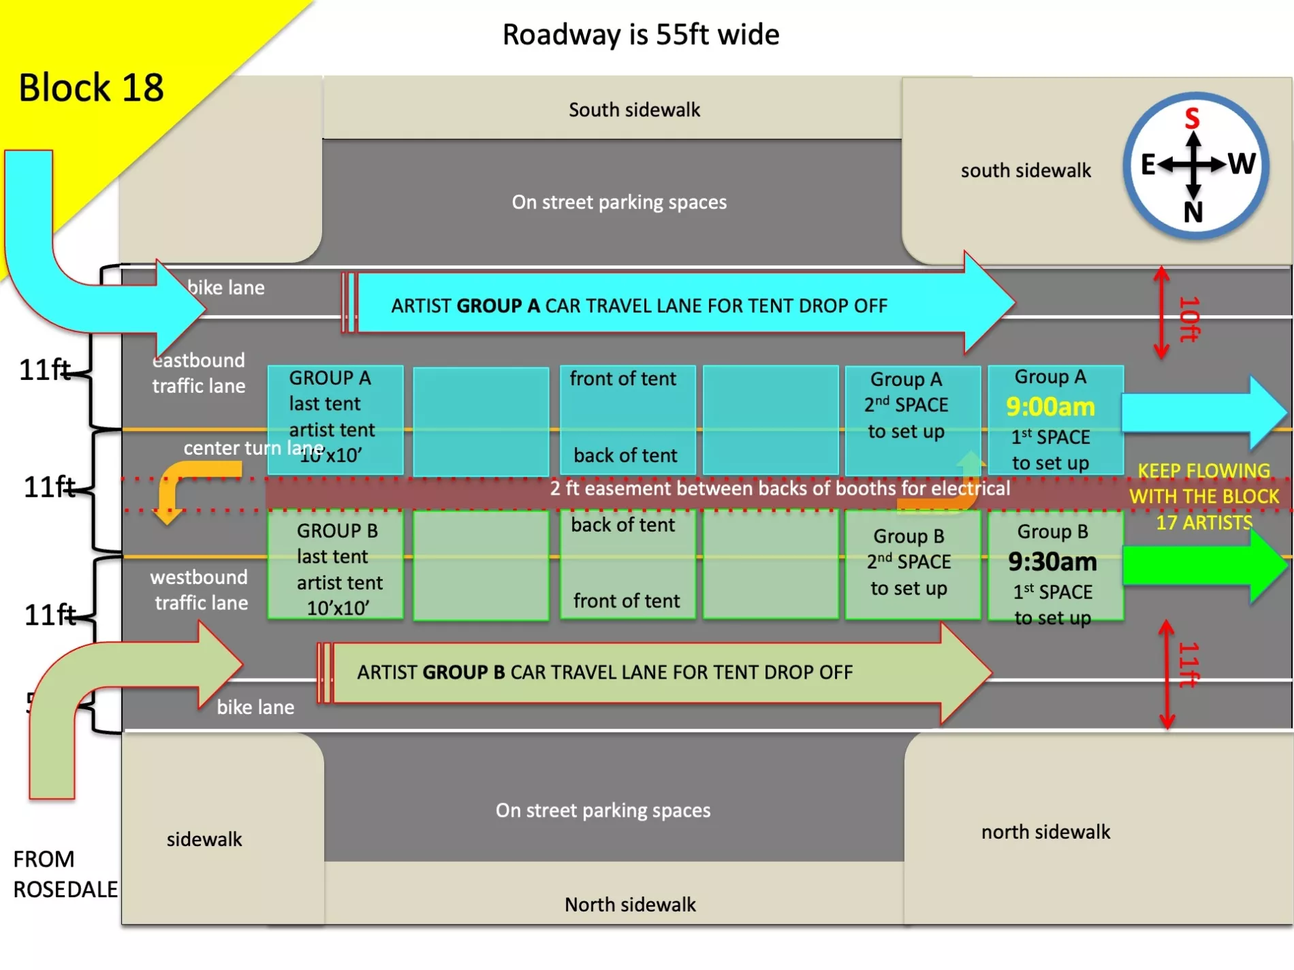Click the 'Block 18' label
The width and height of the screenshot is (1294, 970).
pos(91,88)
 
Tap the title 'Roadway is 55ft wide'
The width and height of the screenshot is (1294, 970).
pos(641,35)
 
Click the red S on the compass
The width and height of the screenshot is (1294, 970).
pos(1192,118)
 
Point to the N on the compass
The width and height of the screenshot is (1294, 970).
pos(1193,212)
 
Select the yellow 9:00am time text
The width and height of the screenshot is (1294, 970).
pos(1051,407)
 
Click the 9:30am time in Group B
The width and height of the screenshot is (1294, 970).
pos(1053,562)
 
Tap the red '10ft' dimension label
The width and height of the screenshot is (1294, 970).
pos(1189,319)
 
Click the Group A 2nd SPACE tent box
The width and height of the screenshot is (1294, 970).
pos(913,420)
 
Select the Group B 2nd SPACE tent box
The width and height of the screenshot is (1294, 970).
pos(913,564)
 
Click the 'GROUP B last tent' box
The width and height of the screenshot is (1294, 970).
pos(335,565)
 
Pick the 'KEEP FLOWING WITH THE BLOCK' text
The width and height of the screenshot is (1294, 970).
pos(1203,484)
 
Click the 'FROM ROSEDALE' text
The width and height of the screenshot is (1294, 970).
pos(65,874)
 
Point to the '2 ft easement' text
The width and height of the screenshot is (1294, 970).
pos(780,489)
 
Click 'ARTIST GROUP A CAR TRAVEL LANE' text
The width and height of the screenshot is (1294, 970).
pos(639,306)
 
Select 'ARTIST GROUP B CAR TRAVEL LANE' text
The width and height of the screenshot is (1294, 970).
pos(605,673)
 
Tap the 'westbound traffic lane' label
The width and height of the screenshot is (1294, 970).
pos(200,590)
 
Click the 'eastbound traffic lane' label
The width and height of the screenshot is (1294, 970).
pos(198,373)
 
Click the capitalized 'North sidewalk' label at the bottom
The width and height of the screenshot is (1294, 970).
pos(630,905)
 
